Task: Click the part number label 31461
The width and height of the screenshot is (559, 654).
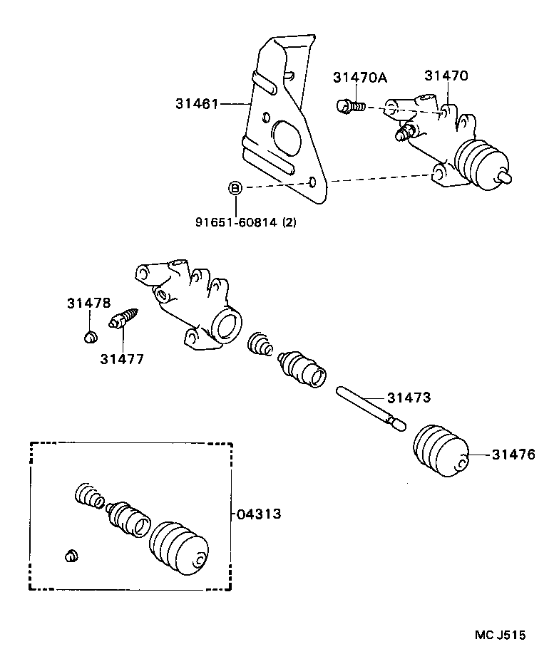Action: coord(196,104)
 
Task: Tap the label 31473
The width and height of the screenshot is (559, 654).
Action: coord(409,398)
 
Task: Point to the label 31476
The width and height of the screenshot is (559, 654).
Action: coord(513,455)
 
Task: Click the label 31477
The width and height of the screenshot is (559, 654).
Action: coord(121,359)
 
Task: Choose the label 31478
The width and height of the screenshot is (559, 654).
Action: coord(89,303)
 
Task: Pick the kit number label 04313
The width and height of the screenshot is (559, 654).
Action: coord(260,514)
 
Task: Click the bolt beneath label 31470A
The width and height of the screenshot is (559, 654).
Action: coord(349,107)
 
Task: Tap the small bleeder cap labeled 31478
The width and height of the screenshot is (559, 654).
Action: coord(90,335)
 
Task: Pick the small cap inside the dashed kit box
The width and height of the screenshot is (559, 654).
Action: coord(70,556)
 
